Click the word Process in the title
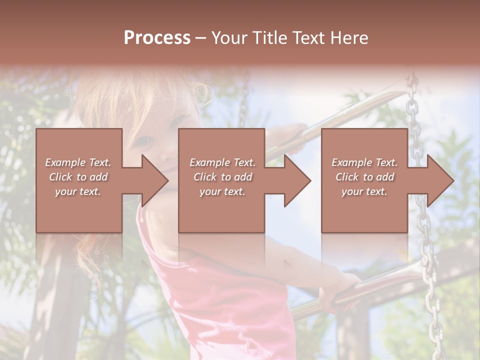(x=157, y=38)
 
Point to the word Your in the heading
(x=229, y=38)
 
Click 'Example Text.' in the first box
(x=78, y=162)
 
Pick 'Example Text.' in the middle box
(x=222, y=162)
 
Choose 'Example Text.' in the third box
(x=364, y=162)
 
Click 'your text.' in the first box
(x=78, y=191)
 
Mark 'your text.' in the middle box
(x=222, y=191)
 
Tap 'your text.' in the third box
(x=364, y=191)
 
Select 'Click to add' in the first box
(x=78, y=177)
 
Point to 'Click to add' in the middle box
(x=222, y=177)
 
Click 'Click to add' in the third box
(x=364, y=177)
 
